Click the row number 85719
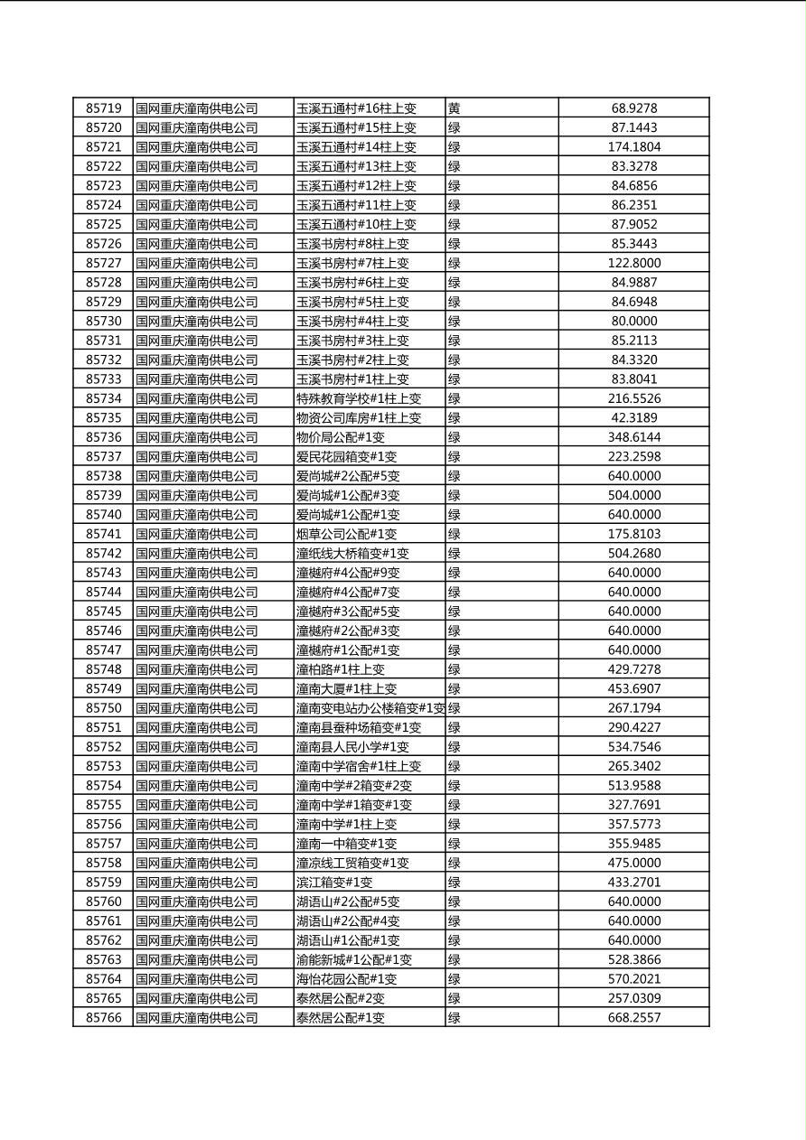point(103,108)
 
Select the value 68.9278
point(633,108)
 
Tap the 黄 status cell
point(454,108)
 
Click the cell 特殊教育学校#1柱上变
point(359,398)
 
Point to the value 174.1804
point(633,147)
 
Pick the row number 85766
point(103,1018)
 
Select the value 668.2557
point(633,1018)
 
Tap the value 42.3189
point(633,418)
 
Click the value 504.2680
point(633,554)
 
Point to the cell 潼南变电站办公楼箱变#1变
point(370,708)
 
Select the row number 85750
point(103,708)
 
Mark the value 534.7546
point(633,747)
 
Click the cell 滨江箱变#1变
point(334,883)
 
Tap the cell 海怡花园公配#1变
point(346,979)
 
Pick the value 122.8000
point(633,263)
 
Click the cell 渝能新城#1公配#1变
point(354,960)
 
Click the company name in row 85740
point(197,515)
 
